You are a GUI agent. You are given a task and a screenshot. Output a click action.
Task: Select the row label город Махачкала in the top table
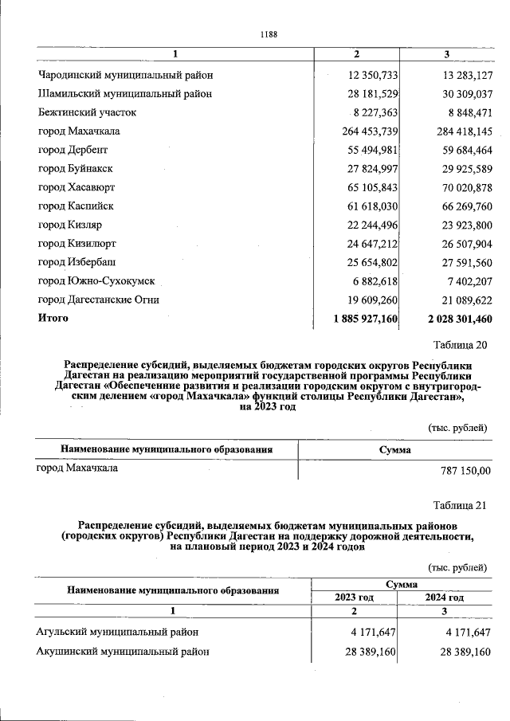78,131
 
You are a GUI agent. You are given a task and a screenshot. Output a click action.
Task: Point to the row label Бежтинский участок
87,112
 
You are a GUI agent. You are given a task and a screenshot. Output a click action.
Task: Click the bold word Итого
53,318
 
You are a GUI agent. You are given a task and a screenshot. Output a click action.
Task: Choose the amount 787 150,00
465,470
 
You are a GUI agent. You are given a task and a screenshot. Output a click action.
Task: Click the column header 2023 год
355,597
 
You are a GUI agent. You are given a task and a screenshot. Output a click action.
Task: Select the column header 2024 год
445,597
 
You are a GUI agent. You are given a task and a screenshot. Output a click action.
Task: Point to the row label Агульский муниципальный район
117,632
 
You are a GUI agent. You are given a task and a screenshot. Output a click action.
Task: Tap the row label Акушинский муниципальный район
123,651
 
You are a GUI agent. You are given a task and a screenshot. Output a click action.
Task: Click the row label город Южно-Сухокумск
96,280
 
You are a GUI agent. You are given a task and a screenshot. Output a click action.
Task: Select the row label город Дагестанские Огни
99,300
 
